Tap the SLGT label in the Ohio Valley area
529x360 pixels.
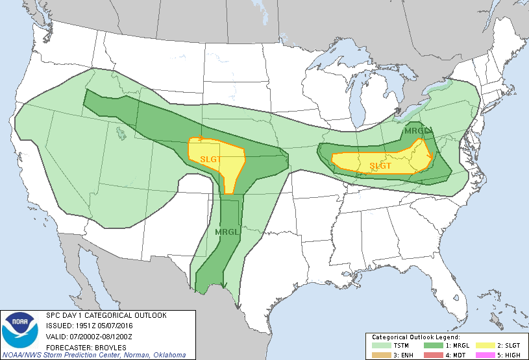click(x=381, y=166)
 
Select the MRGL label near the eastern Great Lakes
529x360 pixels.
click(x=415, y=131)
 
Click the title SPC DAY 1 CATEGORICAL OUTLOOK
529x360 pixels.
click(x=106, y=315)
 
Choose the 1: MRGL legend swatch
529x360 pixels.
click(x=434, y=346)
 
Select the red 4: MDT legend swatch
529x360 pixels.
click(x=434, y=354)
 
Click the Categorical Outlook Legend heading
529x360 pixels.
click(x=415, y=338)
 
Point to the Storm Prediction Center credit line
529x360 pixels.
click(x=94, y=355)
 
